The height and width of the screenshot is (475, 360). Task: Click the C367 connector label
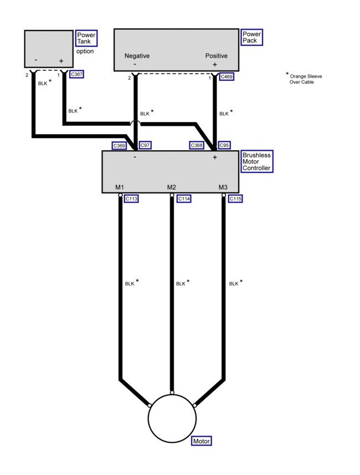point(77,74)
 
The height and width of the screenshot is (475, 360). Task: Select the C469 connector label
point(227,76)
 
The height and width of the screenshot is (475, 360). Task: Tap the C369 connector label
point(119,145)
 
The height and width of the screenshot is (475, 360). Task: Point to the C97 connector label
point(145,145)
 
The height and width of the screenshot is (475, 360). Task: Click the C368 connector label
point(197,145)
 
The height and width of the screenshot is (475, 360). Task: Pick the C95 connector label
point(224,145)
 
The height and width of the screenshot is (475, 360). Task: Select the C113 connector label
point(131,198)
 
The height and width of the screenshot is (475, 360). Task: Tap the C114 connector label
point(183,198)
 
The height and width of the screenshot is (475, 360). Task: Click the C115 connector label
point(236,198)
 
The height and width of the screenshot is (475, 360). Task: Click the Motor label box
point(202,441)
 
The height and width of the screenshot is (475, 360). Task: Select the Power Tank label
point(86,38)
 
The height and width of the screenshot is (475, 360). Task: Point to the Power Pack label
point(251,38)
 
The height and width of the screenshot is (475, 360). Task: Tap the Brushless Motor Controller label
point(256,161)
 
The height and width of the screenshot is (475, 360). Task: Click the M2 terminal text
point(172,187)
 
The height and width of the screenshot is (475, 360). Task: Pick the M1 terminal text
point(120,187)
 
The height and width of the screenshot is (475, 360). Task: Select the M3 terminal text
point(223,187)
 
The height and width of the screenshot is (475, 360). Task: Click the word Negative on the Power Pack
point(137,56)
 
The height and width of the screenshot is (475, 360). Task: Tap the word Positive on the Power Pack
point(216,56)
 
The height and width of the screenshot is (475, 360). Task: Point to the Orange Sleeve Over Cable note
point(305,79)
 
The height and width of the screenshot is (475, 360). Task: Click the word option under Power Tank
point(85,52)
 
